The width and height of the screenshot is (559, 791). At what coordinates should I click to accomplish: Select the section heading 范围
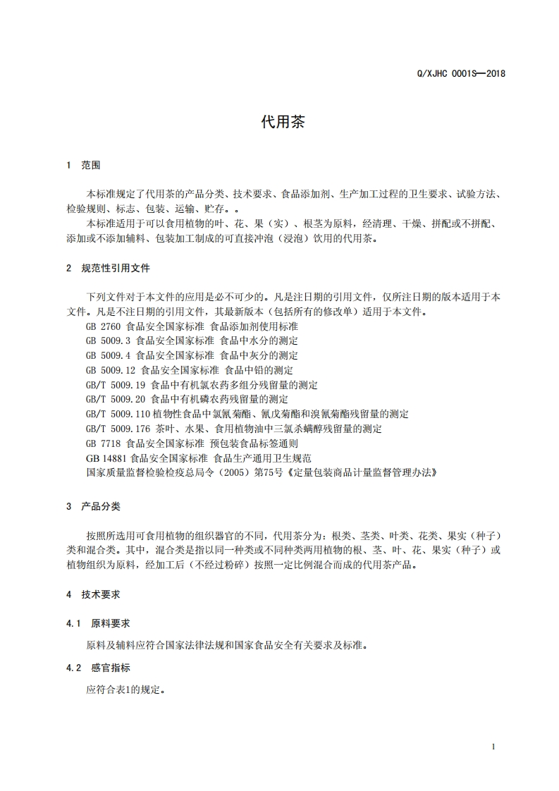92,166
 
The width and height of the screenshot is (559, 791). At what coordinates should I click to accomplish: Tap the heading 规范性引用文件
116,269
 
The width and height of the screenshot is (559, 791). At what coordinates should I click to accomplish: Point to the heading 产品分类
101,506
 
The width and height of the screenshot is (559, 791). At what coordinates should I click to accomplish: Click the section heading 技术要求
101,594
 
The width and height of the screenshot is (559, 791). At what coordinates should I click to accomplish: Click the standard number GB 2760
104,326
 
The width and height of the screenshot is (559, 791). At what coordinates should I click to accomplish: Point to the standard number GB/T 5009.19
116,385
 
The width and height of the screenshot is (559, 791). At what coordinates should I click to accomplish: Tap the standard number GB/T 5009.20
116,399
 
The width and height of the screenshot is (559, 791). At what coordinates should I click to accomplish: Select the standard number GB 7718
104,443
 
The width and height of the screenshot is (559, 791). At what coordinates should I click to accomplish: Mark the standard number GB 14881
106,458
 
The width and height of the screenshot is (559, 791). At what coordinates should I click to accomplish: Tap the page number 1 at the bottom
493,747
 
